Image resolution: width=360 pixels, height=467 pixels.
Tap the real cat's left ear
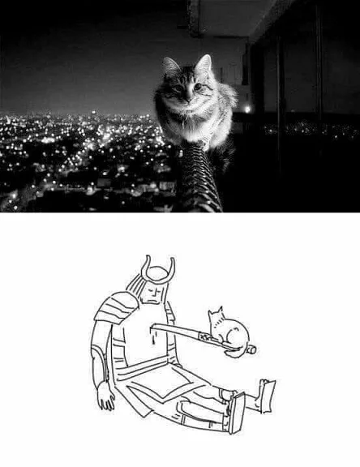pyautogui.click(x=169, y=65)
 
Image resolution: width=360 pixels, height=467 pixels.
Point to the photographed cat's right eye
pyautogui.click(x=197, y=85)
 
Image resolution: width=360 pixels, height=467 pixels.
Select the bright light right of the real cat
pyautogui.click(x=246, y=109)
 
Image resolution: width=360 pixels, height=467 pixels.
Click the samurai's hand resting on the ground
pyautogui.click(x=105, y=396)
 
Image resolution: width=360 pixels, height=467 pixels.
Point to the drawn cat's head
pyautogui.click(x=216, y=319)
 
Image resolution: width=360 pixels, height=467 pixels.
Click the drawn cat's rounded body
pyautogui.click(x=233, y=334)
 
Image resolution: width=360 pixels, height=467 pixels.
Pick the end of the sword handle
pyautogui.click(x=251, y=349)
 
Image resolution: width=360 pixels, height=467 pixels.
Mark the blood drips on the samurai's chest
pyautogui.click(x=152, y=334)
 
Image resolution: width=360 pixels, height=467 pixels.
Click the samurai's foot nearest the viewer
pyautogui.click(x=236, y=413)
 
